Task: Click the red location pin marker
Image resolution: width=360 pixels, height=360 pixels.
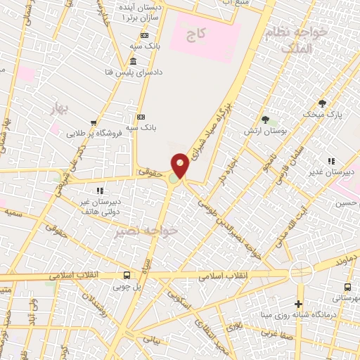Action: (x=180, y=166)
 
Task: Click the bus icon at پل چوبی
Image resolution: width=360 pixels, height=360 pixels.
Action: (x=127, y=275)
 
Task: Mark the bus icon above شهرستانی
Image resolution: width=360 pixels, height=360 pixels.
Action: (x=347, y=287)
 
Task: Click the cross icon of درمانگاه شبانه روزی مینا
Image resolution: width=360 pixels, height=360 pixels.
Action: (x=299, y=304)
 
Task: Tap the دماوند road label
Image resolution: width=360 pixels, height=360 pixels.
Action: (x=347, y=259)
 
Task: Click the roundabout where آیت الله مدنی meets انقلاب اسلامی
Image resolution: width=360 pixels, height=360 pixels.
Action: (x=302, y=272)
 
